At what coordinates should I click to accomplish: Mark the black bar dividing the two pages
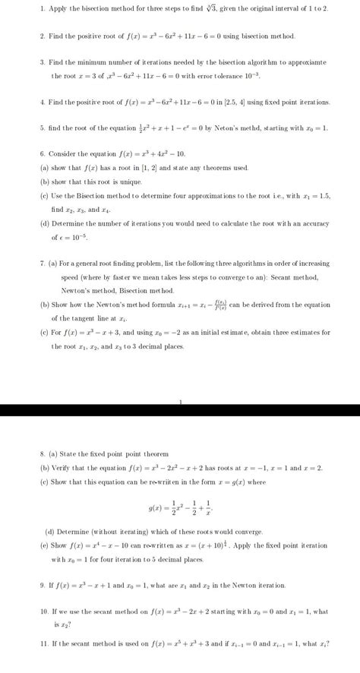(x=180, y=410)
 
